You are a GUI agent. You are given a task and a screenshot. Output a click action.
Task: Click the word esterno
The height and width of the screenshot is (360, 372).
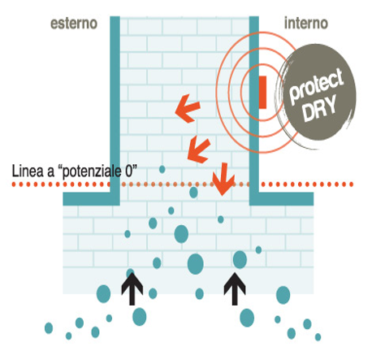74,24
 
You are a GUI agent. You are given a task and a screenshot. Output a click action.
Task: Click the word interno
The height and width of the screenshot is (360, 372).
306,24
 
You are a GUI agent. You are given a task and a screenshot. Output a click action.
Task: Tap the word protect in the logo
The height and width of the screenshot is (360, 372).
316,86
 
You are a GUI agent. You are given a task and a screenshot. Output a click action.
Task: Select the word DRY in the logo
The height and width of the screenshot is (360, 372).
319,108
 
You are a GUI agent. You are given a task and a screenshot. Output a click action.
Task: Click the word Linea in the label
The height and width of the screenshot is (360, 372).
28,171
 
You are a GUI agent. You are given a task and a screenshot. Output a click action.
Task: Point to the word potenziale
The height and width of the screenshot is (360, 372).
92,171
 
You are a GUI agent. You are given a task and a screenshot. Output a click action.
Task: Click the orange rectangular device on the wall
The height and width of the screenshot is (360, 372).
262,93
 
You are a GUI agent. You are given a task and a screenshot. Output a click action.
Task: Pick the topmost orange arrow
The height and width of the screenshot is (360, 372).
188,108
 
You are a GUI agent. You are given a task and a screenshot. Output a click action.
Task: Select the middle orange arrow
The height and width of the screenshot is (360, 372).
199,150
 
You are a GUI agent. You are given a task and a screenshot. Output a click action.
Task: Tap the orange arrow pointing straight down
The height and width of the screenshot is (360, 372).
223,179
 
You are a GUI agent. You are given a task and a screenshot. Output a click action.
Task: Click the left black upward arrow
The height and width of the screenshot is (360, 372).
132,288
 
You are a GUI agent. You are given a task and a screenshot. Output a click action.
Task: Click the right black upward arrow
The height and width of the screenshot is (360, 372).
235,288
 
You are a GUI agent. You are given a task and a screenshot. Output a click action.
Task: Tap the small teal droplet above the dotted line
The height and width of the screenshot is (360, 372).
162,170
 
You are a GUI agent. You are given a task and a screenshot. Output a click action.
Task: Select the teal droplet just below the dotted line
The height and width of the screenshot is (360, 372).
193,193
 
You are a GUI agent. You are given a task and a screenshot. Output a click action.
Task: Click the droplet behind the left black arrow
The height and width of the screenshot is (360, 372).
130,272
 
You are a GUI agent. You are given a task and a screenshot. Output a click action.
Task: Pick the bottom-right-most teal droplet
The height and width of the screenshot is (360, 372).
318,337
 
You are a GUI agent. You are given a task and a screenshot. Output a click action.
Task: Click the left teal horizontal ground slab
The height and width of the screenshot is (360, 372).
91,199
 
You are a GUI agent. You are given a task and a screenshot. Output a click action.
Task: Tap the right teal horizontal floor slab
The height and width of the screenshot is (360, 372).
282,199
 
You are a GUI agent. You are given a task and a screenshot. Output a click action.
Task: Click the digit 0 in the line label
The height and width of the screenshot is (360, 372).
129,171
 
